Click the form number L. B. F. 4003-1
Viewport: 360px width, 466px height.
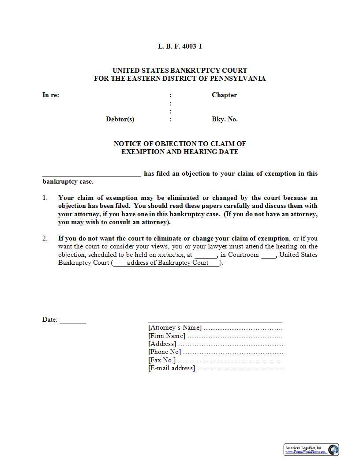click(180, 46)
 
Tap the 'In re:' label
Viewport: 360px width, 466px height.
click(51, 95)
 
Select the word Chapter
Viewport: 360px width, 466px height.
click(224, 95)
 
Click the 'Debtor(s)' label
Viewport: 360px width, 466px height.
click(120, 119)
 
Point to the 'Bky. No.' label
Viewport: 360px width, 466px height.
click(225, 119)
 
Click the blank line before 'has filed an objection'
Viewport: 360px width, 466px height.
click(92, 175)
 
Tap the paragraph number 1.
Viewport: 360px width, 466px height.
click(45, 198)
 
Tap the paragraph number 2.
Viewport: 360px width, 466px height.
click(45, 238)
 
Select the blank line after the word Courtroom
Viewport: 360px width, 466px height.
click(268, 256)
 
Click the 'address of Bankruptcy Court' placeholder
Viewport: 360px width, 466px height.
click(167, 263)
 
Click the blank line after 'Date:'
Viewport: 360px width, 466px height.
click(73, 321)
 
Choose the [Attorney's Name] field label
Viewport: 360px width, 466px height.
click(175, 327)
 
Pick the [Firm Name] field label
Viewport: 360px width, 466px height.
click(167, 336)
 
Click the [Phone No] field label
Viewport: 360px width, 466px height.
click(165, 352)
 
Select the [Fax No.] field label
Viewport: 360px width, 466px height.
click(162, 360)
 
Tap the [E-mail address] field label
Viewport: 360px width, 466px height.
click(172, 368)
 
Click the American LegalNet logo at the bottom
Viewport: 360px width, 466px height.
click(311, 450)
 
